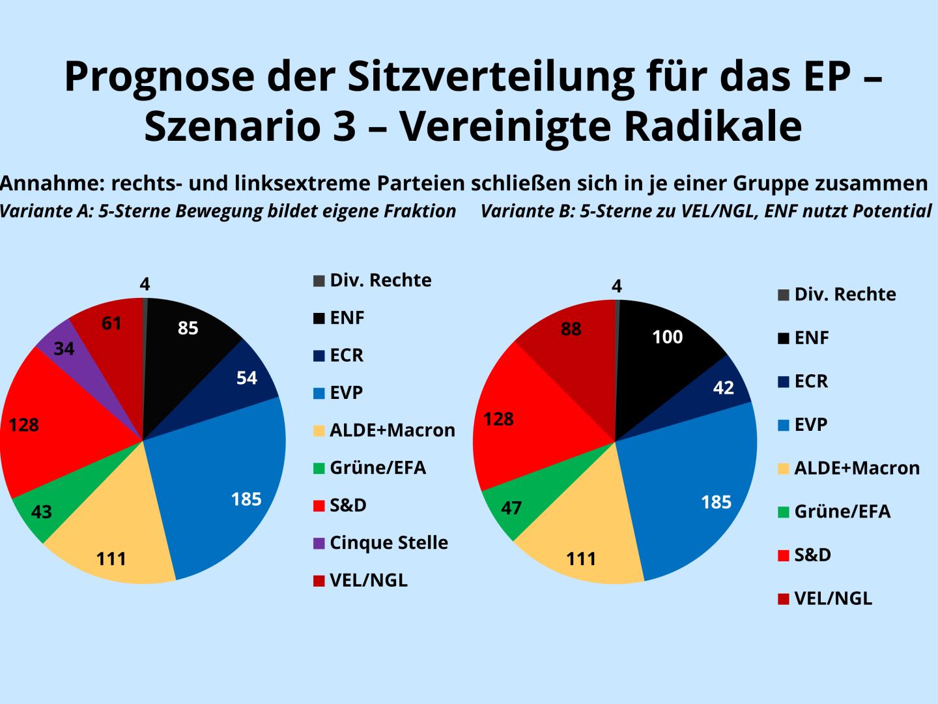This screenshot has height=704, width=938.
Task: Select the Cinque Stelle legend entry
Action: coord(388,542)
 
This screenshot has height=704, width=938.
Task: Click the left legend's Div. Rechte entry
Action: coord(380,280)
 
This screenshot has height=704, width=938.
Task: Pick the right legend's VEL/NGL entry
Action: coord(832,598)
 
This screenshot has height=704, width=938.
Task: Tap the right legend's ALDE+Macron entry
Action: coord(857,468)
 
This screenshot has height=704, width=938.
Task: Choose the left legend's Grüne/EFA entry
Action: coord(377,467)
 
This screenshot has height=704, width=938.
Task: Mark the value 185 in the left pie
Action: coord(246,499)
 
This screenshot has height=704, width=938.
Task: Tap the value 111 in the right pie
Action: coord(581,559)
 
